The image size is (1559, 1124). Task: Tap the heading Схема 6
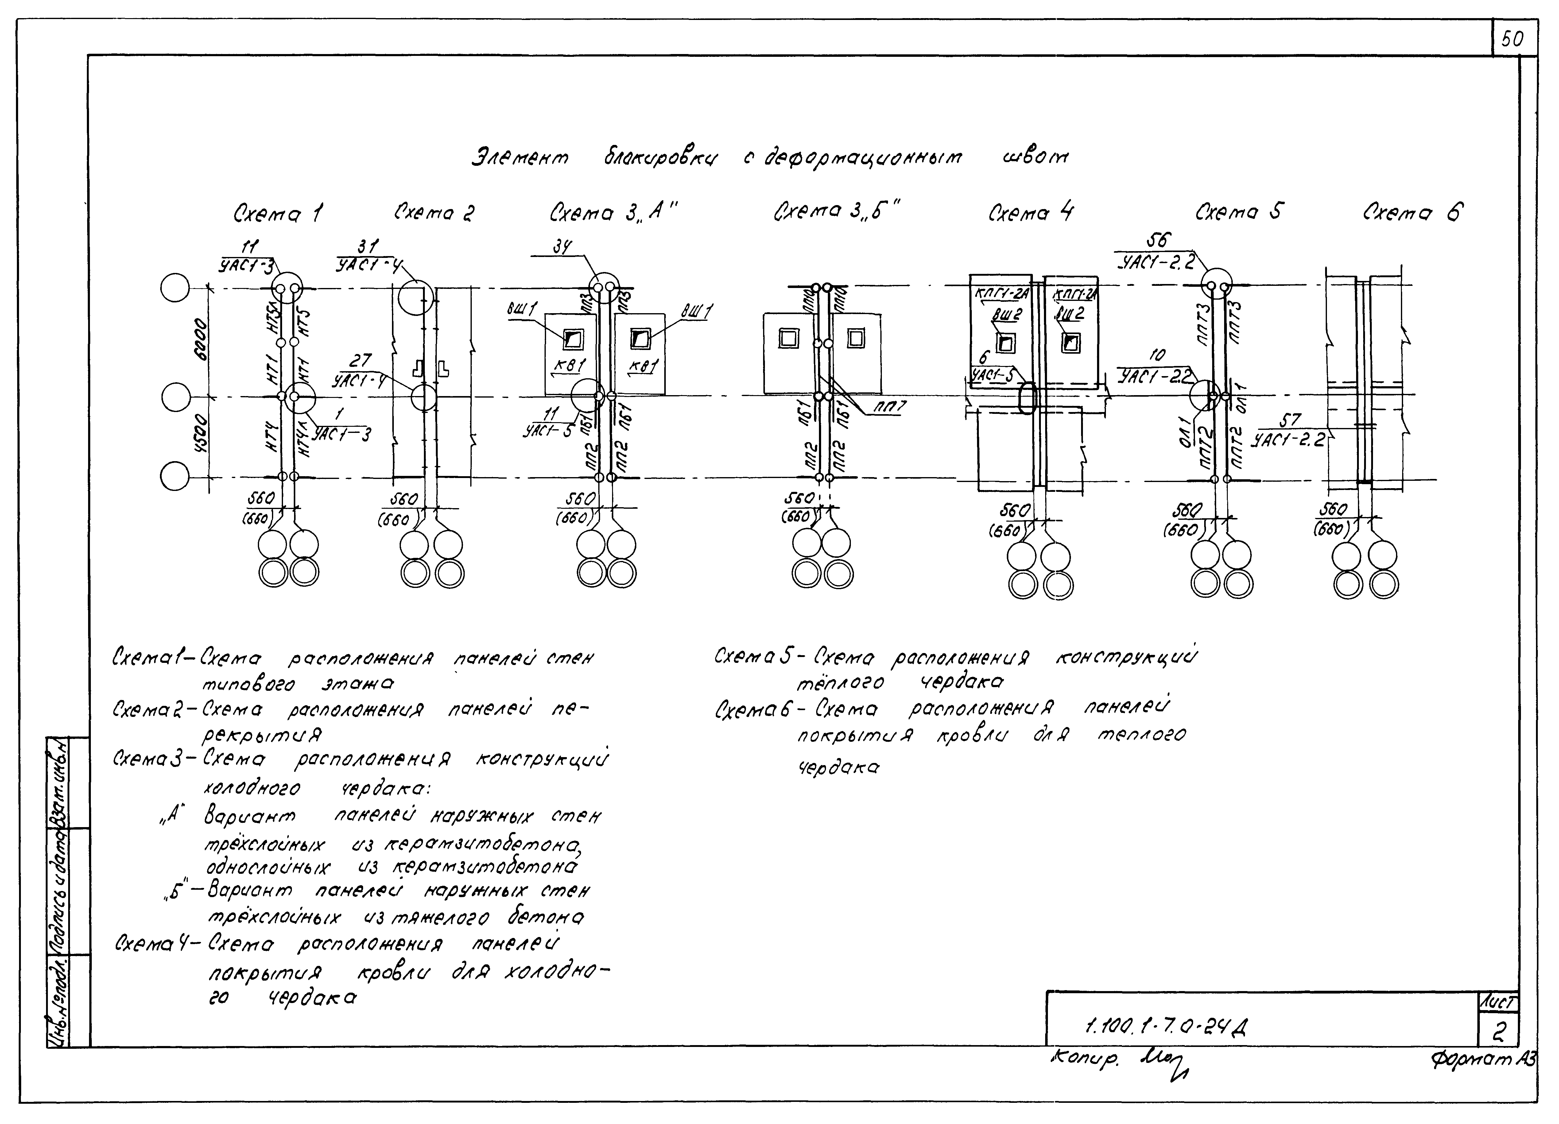coord(1413,212)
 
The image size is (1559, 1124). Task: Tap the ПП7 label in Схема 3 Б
coord(890,407)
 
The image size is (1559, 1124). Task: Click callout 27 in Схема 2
coord(360,360)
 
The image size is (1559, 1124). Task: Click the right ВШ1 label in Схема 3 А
coord(696,311)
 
